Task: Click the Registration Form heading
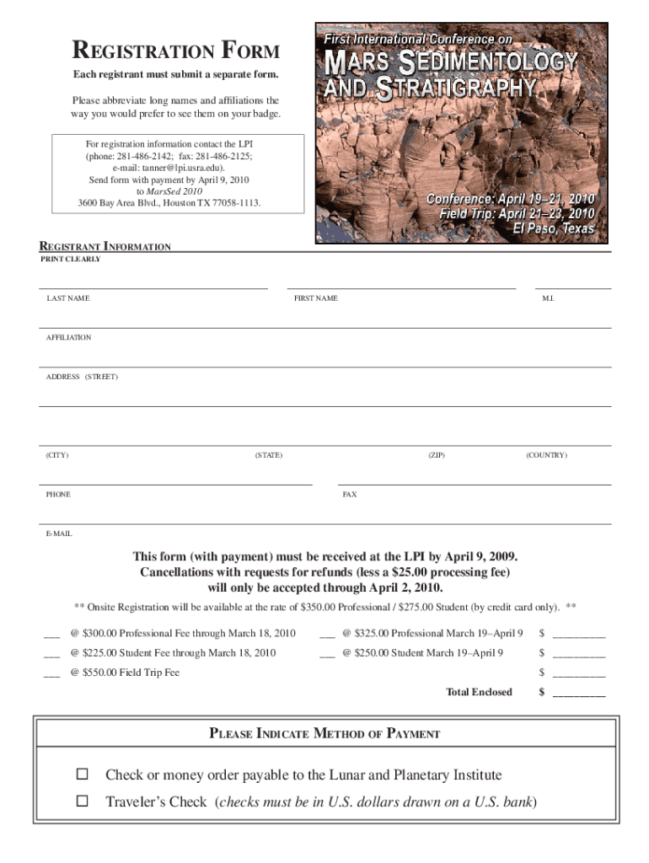pos(176,51)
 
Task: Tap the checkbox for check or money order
pos(83,775)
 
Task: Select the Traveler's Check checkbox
pos(83,801)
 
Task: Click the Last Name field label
pos(68,298)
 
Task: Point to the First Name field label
pos(315,298)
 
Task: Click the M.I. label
pos(548,298)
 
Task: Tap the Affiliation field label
pos(69,337)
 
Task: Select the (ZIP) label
pos(436,455)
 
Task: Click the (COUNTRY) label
pos(546,455)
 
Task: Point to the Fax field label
pos(349,495)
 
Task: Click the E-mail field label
pos(59,533)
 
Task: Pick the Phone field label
pos(59,495)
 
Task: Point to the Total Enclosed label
pos(479,692)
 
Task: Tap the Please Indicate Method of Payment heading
pos(324,733)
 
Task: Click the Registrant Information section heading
pos(105,247)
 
